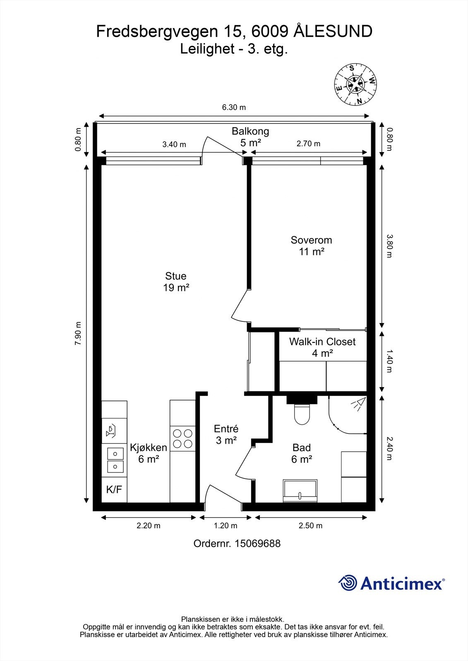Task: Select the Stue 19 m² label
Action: coord(176,282)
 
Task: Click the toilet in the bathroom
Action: coord(302,414)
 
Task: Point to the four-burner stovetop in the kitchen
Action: coord(182,439)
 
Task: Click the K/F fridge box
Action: coord(114,490)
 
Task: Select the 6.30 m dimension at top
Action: coord(234,107)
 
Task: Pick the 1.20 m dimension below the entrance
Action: coord(226,526)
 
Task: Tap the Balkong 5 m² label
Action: coord(250,137)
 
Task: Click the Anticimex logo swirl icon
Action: coord(348,583)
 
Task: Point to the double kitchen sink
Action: coord(115,460)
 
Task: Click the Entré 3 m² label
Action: coord(226,435)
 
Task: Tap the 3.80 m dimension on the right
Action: coord(389,246)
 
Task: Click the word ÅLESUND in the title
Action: coord(333,31)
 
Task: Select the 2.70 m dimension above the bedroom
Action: coord(308,144)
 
